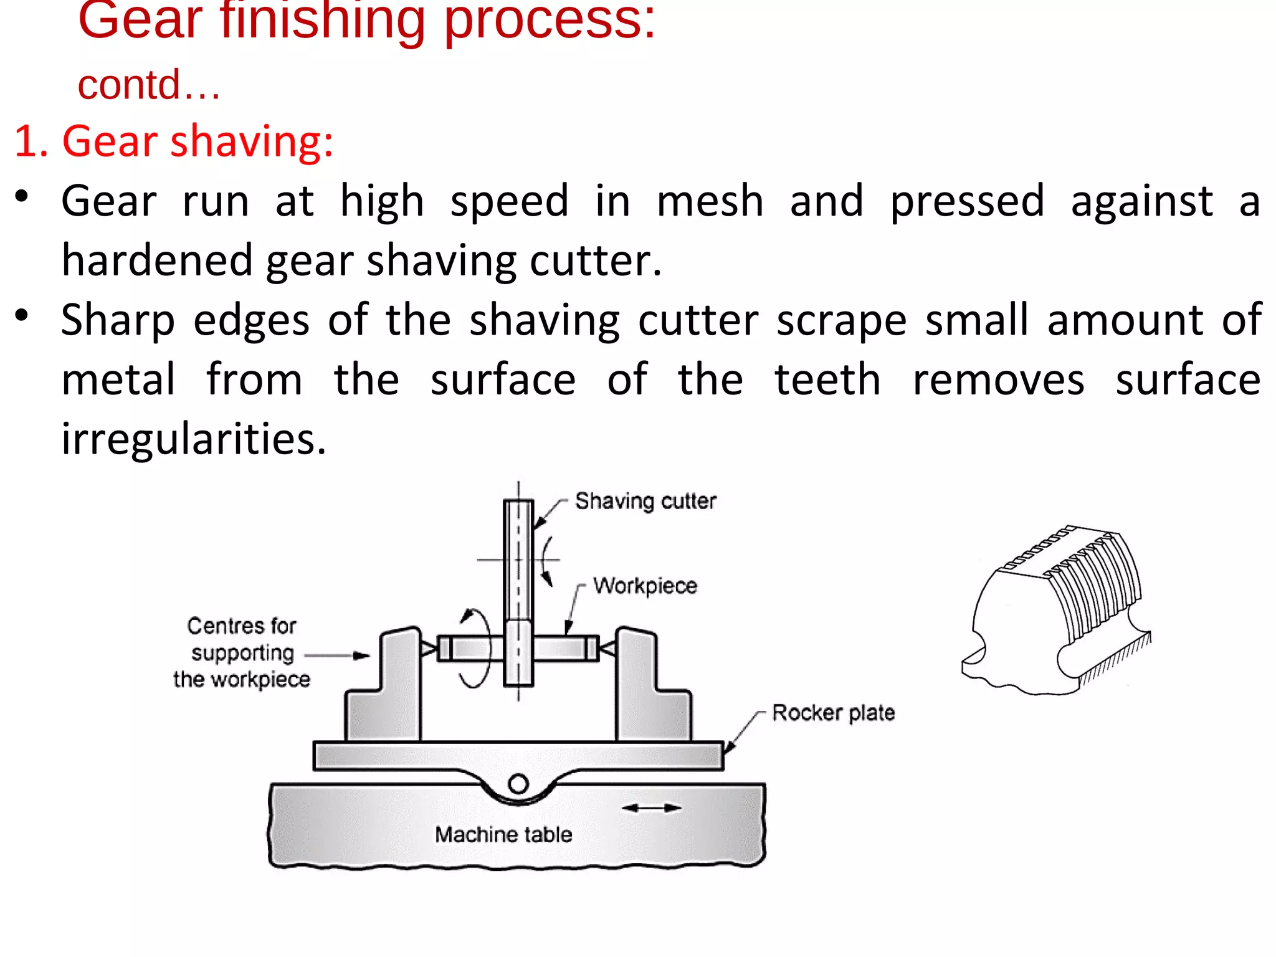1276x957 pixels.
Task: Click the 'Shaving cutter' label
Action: pos(645,501)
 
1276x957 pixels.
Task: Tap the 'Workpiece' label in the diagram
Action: pos(644,586)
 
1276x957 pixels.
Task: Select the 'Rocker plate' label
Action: pos(833,712)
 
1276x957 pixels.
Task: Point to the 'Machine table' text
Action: pos(503,834)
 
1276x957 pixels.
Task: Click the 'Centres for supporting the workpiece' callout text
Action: pos(242,652)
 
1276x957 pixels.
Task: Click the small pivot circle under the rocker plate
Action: pos(518,783)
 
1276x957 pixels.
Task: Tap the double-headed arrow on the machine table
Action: pos(652,808)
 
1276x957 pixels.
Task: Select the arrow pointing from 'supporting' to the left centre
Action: pos(337,655)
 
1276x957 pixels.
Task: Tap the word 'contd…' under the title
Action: pos(148,85)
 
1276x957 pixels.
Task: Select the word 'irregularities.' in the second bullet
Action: pos(194,439)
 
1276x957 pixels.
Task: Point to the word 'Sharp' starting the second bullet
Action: pos(118,320)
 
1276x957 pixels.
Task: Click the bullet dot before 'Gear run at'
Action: pos(22,197)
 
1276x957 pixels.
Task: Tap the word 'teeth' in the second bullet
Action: pos(827,379)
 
